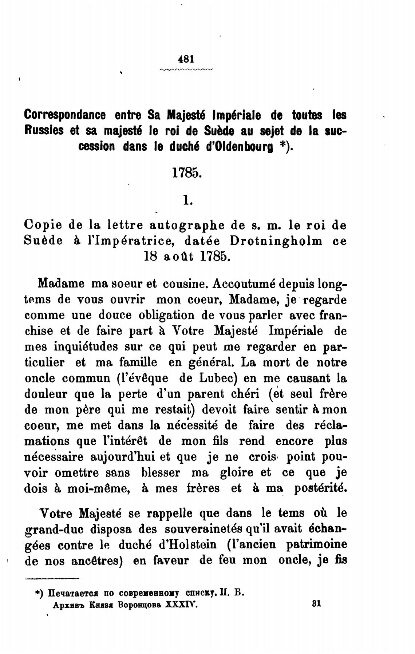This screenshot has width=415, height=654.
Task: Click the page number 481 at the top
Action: pyautogui.click(x=186, y=59)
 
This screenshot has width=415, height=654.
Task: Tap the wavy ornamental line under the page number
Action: pyautogui.click(x=186, y=69)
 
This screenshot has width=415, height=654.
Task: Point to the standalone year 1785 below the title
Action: pyautogui.click(x=186, y=173)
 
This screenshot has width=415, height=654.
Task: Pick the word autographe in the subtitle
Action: pyautogui.click(x=187, y=226)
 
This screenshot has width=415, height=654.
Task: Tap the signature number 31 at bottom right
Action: pyautogui.click(x=316, y=603)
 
